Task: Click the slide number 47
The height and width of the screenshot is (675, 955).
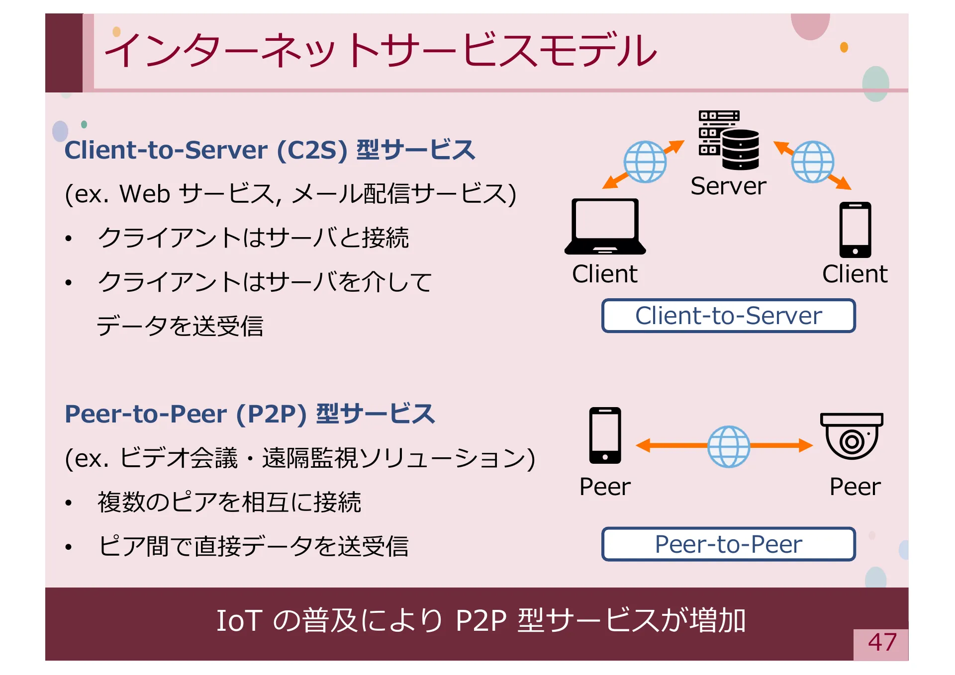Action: [x=882, y=642]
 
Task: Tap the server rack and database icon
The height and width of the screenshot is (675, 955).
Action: [x=729, y=140]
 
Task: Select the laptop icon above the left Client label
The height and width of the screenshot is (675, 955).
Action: [x=605, y=227]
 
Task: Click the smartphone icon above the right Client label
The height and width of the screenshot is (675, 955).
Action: [x=855, y=230]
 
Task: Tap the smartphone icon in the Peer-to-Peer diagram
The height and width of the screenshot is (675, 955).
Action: [x=605, y=435]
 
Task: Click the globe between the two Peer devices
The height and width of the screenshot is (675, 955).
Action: [x=729, y=446]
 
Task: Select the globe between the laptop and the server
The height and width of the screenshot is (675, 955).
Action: [x=645, y=162]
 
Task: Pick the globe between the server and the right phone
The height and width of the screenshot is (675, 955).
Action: [x=813, y=162]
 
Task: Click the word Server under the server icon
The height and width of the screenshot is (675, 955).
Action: [x=728, y=186]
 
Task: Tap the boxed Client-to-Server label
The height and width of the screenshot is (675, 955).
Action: [x=728, y=316]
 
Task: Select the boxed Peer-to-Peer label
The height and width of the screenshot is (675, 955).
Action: [x=728, y=544]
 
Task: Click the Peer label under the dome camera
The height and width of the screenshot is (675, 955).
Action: [x=855, y=487]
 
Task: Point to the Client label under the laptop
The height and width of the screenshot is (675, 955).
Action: [x=604, y=274]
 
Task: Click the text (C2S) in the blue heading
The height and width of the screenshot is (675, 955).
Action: [x=312, y=150]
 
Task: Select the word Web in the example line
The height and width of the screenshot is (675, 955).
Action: [x=145, y=194]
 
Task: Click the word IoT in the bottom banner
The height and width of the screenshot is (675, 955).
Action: [x=239, y=621]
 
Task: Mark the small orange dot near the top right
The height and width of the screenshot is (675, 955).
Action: [x=844, y=47]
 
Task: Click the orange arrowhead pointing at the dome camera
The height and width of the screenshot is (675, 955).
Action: [x=805, y=445]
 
